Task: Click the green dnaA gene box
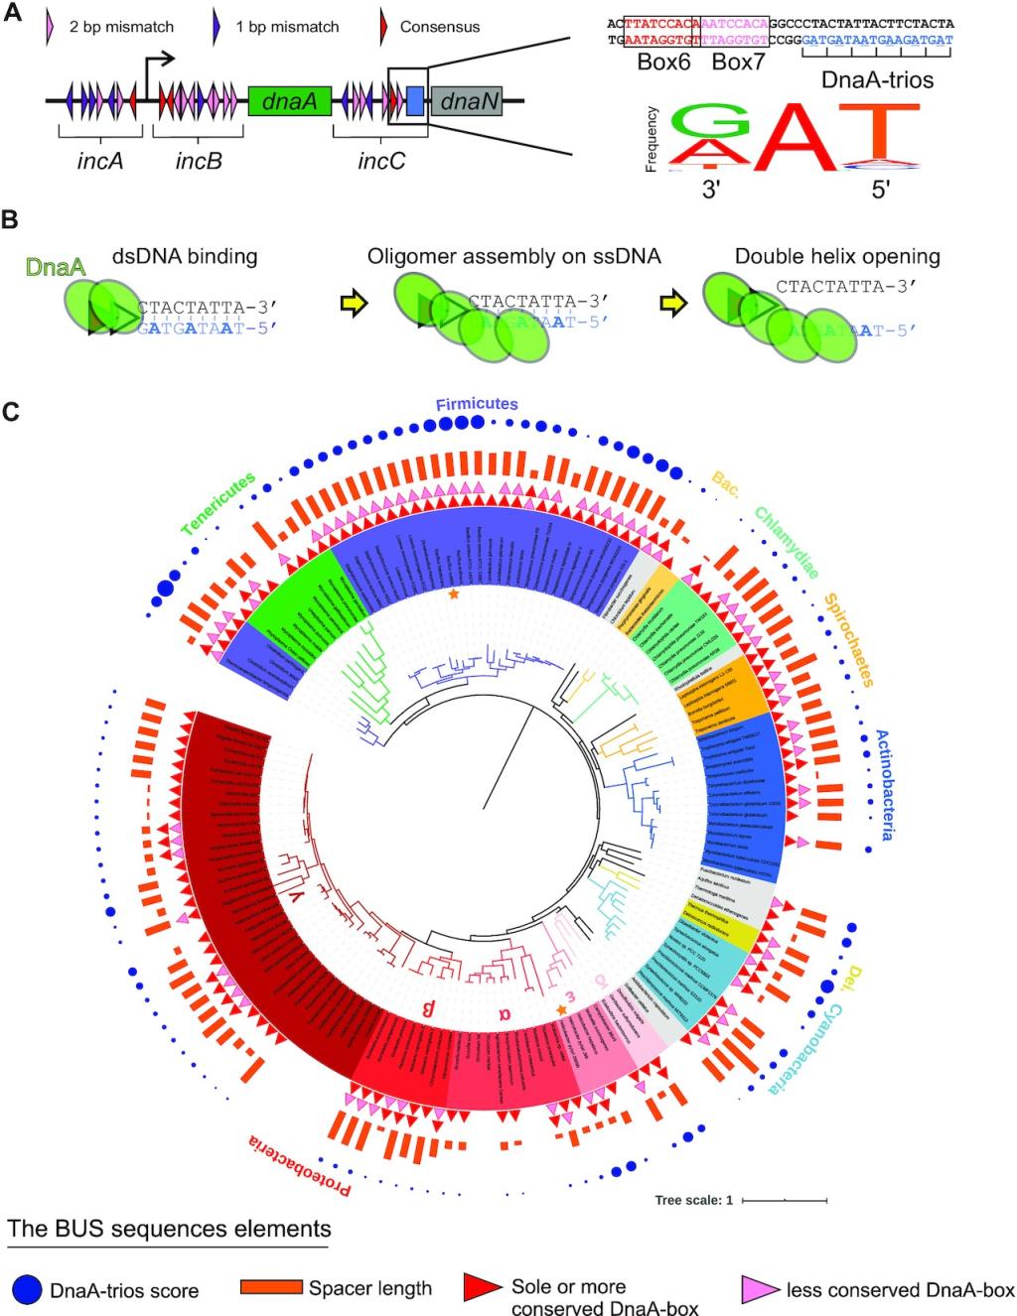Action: coord(289,100)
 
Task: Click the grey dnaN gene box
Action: coord(466,100)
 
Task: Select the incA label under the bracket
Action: coord(99,160)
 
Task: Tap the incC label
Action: coord(381,160)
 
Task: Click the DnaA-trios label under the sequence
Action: coord(877,79)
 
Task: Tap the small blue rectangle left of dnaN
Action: coord(415,100)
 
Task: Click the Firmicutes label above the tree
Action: coord(477,404)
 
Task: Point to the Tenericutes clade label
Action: coord(218,503)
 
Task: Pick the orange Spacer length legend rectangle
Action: coord(271,1287)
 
